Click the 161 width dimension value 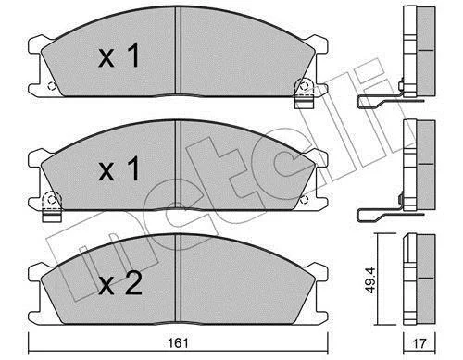(178, 343)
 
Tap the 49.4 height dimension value (369, 280)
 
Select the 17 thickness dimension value (419, 343)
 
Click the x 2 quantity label (120, 284)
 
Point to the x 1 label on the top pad (119, 56)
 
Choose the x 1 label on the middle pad (119, 168)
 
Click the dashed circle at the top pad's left (52, 86)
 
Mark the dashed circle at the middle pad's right (304, 200)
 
